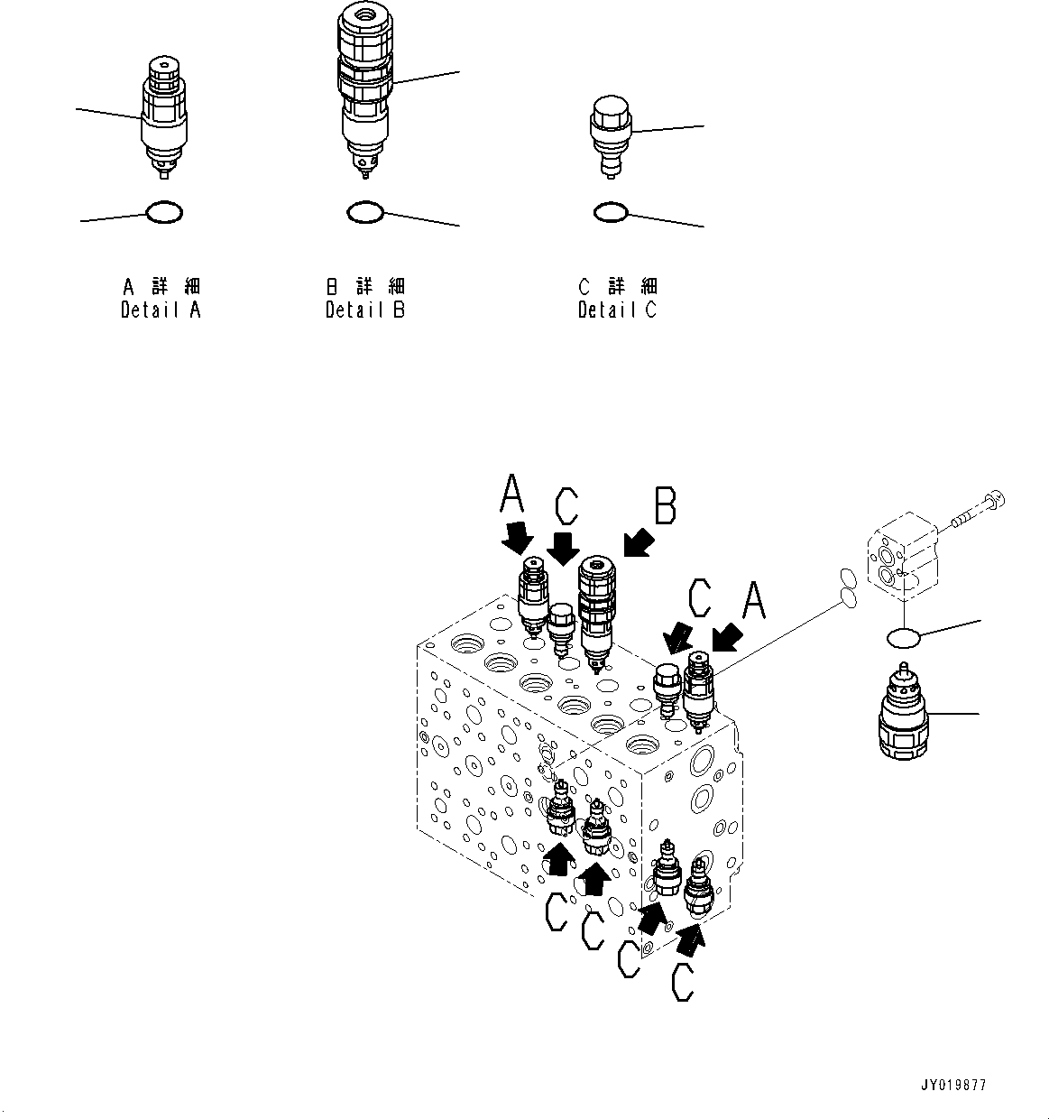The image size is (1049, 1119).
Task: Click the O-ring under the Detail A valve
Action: pyautogui.click(x=164, y=213)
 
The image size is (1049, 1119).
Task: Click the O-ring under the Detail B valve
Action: pyautogui.click(x=365, y=212)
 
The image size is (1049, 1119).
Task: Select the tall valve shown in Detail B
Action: pyautogui.click(x=365, y=86)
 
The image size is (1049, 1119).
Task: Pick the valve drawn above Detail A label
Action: pyautogui.click(x=164, y=113)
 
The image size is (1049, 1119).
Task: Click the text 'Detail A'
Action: pyautogui.click(x=161, y=310)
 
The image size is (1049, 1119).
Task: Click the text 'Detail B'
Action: pyautogui.click(x=365, y=310)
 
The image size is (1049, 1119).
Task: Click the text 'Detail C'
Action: pyautogui.click(x=618, y=310)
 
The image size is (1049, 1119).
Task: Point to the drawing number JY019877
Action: pyautogui.click(x=953, y=1085)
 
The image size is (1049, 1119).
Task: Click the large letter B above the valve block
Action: pyautogui.click(x=665, y=507)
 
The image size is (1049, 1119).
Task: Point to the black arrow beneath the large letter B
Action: pyautogui.click(x=638, y=542)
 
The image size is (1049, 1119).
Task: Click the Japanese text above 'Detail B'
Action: pyautogui.click(x=365, y=286)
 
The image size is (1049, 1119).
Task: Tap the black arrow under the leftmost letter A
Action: pyautogui.click(x=517, y=539)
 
